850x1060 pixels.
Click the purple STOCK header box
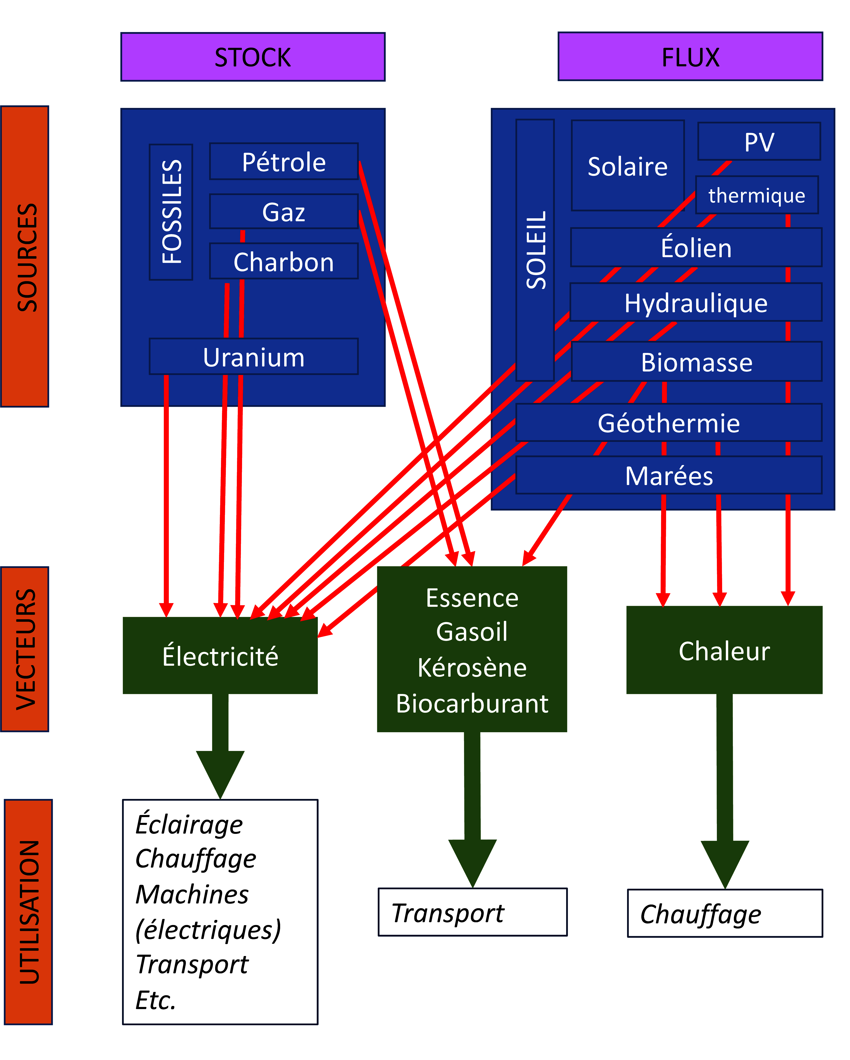[x=253, y=57]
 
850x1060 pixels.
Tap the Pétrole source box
[x=284, y=162]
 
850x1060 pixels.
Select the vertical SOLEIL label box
[x=535, y=250]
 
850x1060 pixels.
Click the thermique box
[x=756, y=195]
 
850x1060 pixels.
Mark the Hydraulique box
[x=696, y=302]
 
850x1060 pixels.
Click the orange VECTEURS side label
[x=25, y=649]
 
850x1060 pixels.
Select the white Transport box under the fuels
[x=472, y=912]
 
